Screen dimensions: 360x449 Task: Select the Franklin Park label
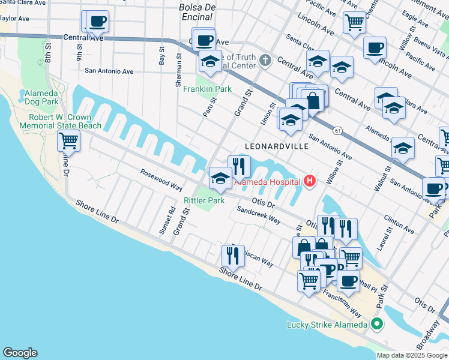click(215, 89)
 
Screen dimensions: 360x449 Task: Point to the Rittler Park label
click(204, 200)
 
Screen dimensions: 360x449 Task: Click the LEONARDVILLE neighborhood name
click(277, 146)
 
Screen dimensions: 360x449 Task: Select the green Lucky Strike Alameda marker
click(377, 325)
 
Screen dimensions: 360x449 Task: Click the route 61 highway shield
click(339, 130)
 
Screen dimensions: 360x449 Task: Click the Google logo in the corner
click(20, 353)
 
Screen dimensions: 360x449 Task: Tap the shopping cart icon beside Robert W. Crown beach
click(69, 142)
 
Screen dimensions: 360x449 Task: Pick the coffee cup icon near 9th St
click(97, 22)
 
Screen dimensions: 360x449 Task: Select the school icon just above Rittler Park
click(220, 178)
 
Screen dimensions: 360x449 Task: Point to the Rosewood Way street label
click(161, 179)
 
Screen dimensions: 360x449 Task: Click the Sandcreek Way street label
click(259, 215)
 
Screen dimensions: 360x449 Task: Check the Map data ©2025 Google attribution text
click(411, 355)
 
